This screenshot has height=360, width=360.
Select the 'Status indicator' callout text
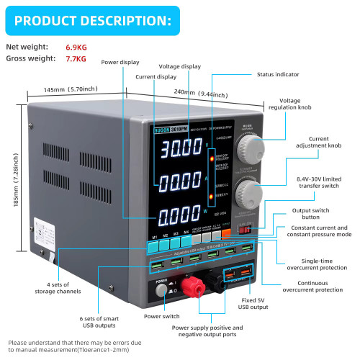[278, 74]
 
